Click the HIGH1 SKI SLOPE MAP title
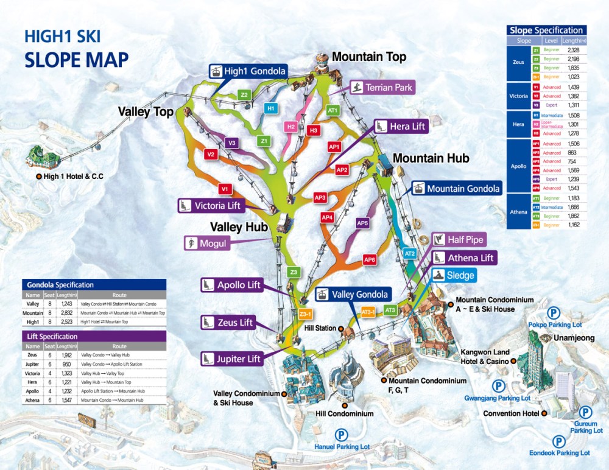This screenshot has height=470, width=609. coord(76,48)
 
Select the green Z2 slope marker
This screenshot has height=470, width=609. coord(244,95)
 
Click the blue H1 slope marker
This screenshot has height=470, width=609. coord(272,108)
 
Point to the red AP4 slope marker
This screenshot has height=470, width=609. coord(327,217)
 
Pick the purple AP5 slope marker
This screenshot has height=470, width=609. coord(363,223)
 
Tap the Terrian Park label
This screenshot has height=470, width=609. coord(382,87)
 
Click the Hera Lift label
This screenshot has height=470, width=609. coord(400,127)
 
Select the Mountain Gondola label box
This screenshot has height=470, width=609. coord(456,189)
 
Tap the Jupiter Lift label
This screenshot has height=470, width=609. coord(231,359)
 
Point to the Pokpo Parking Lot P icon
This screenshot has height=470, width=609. coord(553,314)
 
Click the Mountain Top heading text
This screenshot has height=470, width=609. coord(368,57)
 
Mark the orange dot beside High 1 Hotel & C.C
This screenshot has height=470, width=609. coord(38,177)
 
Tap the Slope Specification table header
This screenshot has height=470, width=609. coord(546,30)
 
